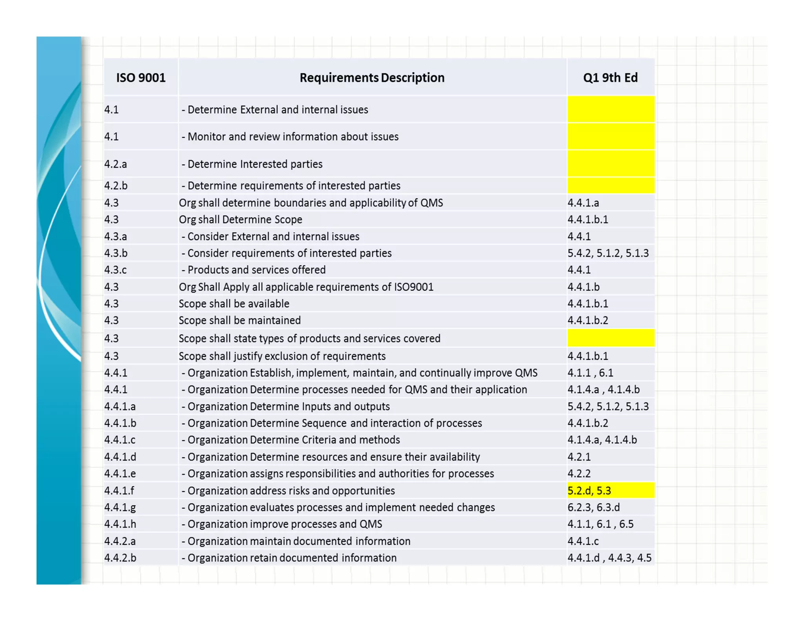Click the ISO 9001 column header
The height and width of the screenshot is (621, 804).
[x=141, y=78]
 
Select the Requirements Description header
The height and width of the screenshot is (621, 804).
[x=372, y=78]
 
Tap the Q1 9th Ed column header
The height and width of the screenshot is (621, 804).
[x=610, y=78]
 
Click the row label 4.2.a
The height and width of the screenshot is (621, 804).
[x=116, y=164]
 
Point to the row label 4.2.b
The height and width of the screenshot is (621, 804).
[x=116, y=186]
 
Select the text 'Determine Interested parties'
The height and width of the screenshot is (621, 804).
[x=255, y=164]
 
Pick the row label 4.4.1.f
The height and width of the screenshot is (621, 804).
[x=119, y=491]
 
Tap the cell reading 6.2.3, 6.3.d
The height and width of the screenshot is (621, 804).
[x=594, y=508]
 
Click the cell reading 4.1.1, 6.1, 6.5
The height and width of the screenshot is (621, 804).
[x=600, y=524]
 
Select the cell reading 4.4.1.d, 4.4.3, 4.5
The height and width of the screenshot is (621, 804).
[x=609, y=558]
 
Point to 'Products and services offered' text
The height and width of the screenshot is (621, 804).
[x=256, y=270]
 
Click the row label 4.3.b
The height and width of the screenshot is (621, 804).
[x=116, y=253]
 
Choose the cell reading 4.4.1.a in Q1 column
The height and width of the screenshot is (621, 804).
[x=583, y=203]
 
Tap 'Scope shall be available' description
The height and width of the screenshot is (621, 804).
[x=234, y=304]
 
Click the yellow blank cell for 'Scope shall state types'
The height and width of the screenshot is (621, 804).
[x=610, y=338]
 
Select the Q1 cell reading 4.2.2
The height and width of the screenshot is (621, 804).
[x=579, y=474]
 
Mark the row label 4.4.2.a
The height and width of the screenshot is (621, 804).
[x=120, y=541]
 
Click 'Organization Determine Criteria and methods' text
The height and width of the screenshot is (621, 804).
[x=293, y=440]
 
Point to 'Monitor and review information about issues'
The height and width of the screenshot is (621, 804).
[x=293, y=137]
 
